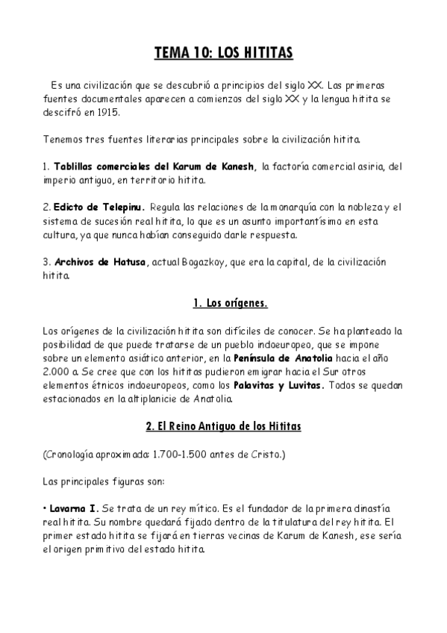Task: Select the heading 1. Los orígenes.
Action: [x=224, y=304]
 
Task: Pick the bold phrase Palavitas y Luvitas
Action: [x=274, y=384]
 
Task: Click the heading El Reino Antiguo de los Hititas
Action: [x=224, y=425]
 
